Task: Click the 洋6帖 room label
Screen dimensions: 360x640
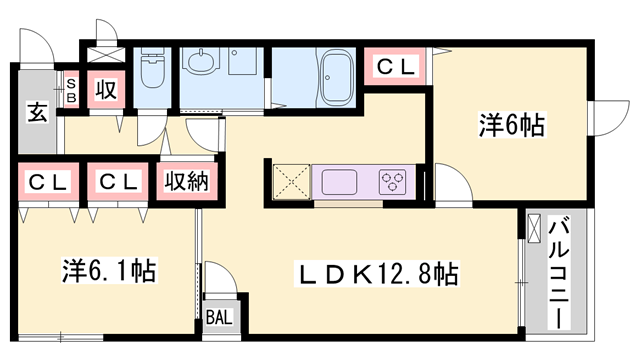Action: (511, 126)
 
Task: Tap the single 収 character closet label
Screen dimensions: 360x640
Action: (105, 90)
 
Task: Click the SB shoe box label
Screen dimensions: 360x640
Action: (71, 91)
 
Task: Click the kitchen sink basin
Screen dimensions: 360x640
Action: (335, 182)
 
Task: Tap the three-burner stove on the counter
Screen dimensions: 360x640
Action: (392, 182)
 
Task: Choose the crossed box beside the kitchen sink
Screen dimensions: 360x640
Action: (289, 182)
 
